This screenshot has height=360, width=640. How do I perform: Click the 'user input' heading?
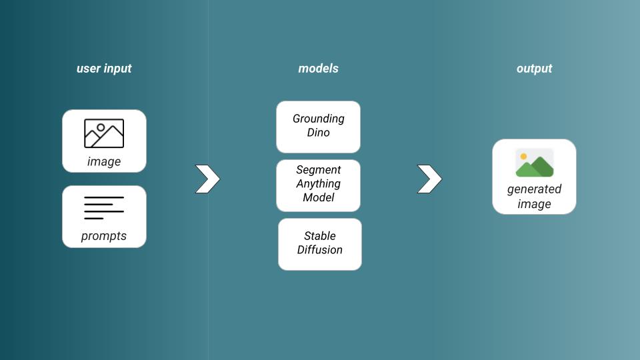click(104, 69)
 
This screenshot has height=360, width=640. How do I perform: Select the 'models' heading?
click(319, 69)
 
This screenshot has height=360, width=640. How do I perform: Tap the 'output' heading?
click(534, 69)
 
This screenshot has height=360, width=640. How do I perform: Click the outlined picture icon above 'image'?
click(104, 133)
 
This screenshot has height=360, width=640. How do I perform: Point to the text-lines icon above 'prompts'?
click(104, 208)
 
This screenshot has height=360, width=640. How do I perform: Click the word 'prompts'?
click(104, 236)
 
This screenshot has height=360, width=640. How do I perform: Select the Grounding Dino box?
click(319, 127)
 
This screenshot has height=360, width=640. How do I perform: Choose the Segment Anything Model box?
click(319, 186)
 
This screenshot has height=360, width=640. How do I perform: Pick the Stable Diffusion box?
click(320, 244)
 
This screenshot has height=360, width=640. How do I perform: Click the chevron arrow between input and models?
click(208, 179)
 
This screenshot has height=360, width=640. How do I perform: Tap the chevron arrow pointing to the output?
click(430, 179)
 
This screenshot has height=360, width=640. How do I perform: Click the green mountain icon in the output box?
click(535, 167)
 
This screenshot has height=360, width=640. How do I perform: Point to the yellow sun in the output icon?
click(523, 156)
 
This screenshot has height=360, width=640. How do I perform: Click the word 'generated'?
click(534, 189)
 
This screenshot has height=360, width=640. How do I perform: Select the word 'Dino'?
click(319, 133)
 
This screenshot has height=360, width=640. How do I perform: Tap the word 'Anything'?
click(319, 184)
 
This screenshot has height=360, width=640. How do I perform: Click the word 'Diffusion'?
click(320, 250)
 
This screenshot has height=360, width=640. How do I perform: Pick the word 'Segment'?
click(319, 170)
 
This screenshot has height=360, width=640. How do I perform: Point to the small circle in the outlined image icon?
click(101, 127)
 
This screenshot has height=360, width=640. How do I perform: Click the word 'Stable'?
click(320, 236)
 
